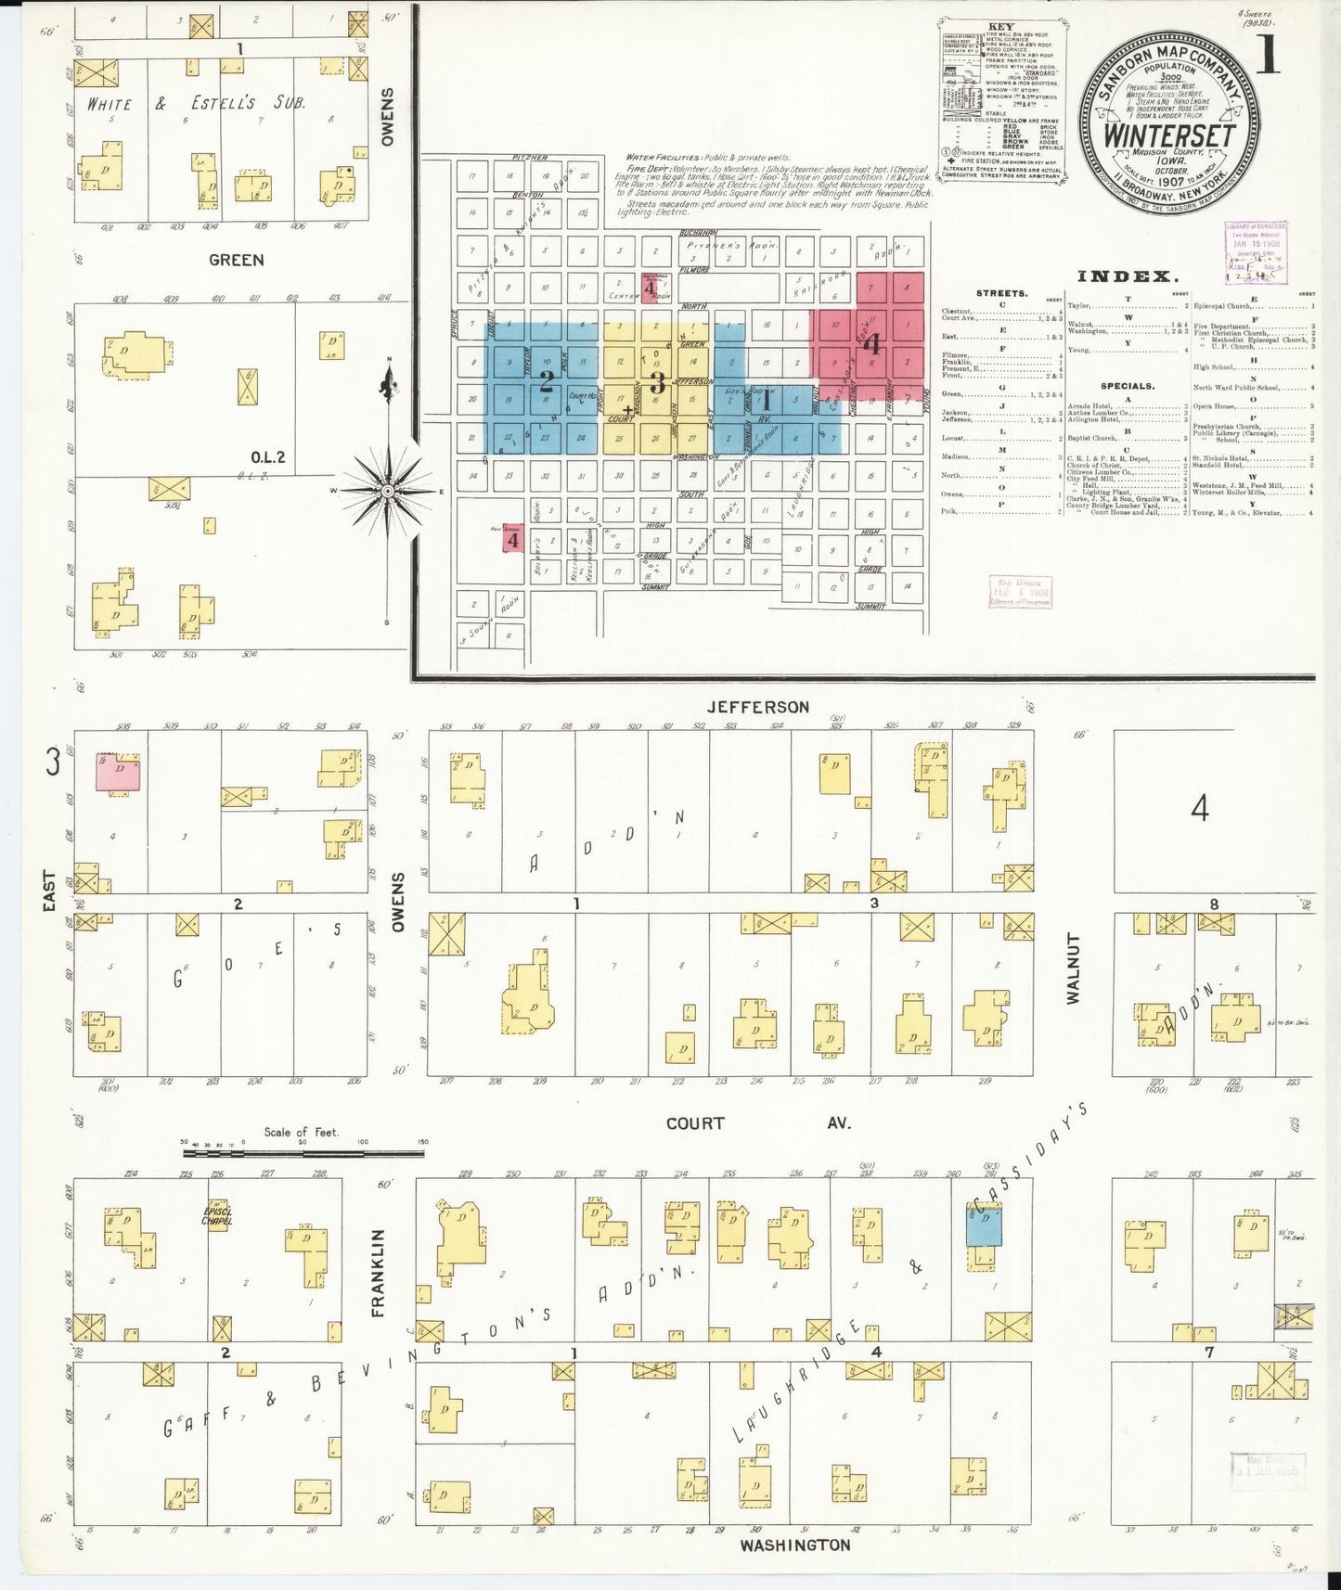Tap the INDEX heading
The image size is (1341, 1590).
(x=1128, y=276)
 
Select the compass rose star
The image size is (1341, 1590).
(x=388, y=488)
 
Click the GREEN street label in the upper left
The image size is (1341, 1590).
(x=236, y=261)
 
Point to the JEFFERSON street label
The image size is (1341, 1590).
(x=757, y=707)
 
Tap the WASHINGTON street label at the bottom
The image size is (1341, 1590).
(x=794, y=1545)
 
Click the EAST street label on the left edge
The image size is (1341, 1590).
(x=49, y=891)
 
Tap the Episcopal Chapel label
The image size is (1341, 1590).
(x=218, y=1215)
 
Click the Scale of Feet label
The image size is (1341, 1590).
(x=301, y=1132)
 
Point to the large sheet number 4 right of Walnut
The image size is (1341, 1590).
(x=1200, y=810)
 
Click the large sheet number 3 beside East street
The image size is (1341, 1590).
(x=53, y=763)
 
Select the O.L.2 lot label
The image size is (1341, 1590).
(x=267, y=456)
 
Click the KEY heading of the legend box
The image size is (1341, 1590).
(x=1002, y=27)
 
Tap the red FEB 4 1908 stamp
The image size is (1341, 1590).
(x=1019, y=591)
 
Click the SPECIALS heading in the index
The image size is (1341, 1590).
(x=1128, y=386)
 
